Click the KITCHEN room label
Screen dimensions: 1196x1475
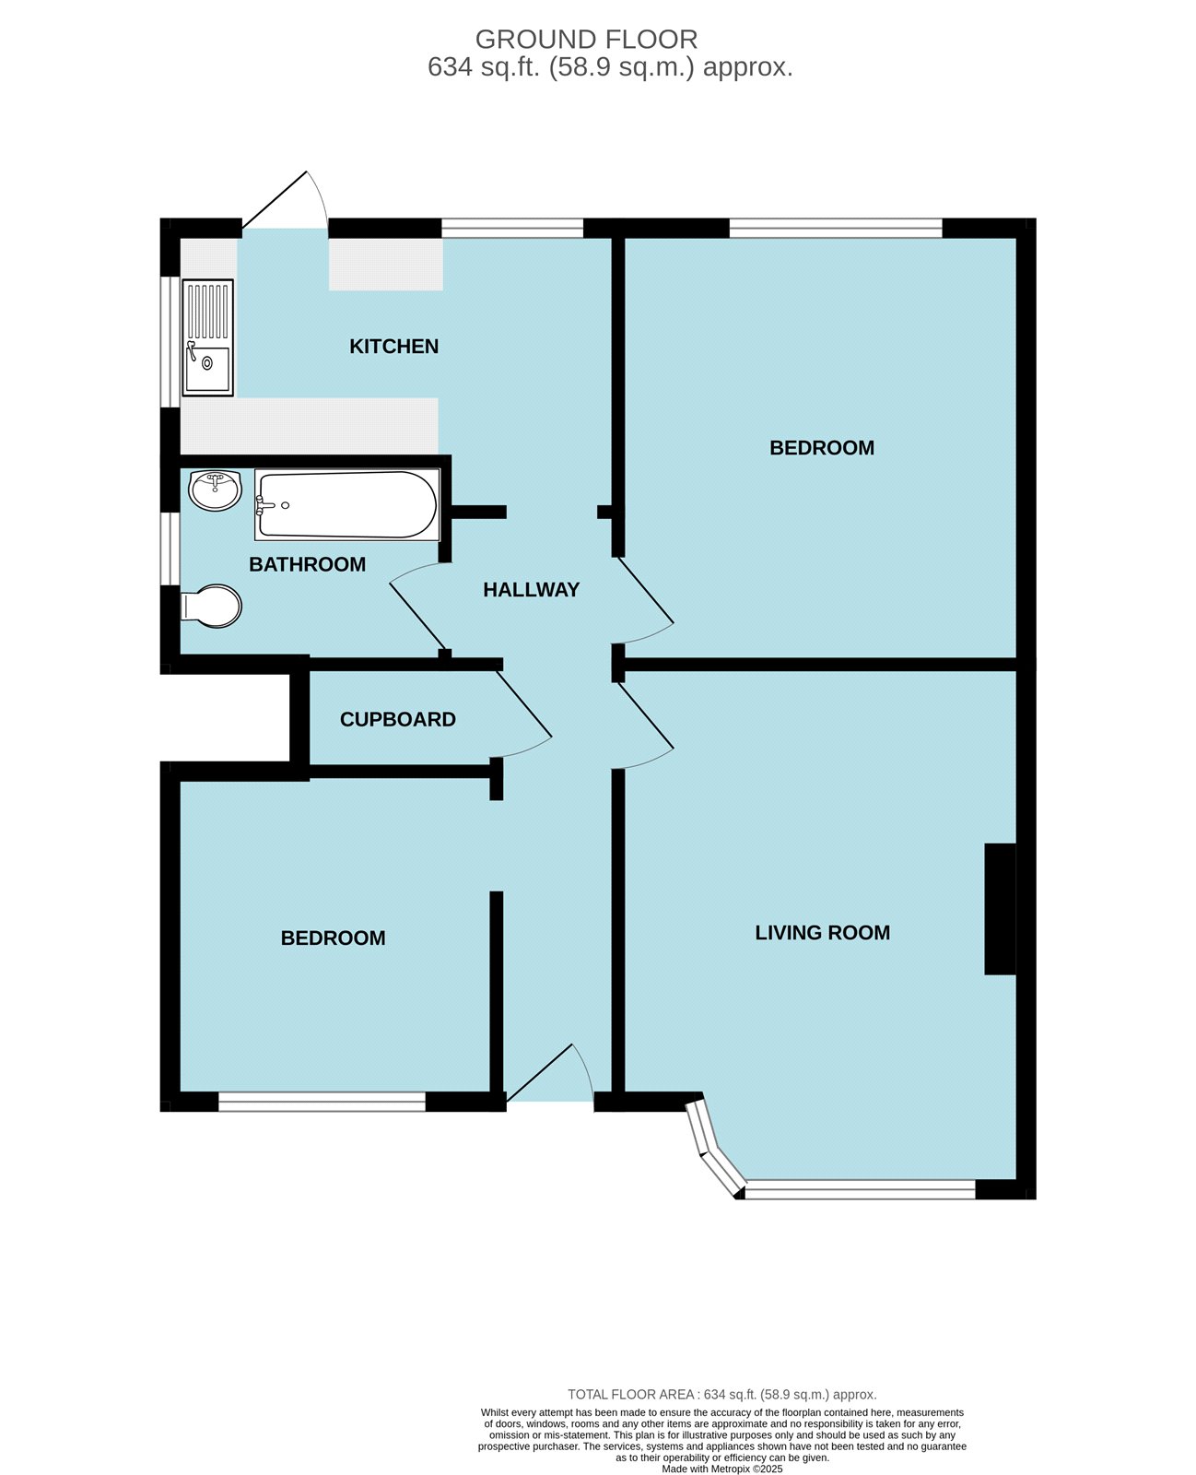[x=393, y=347]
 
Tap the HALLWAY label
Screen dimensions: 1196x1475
[x=531, y=589]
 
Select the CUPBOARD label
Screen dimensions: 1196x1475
[x=397, y=719]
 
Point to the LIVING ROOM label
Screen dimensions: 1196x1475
[x=822, y=933]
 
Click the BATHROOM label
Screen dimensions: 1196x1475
[x=308, y=564]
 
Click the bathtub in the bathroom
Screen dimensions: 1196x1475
[x=347, y=504]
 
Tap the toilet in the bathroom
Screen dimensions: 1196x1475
[x=211, y=607]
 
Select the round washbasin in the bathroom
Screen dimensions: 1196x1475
[x=215, y=490]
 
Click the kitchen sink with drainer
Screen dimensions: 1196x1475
[x=207, y=337]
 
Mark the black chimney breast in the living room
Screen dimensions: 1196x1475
[x=1000, y=909]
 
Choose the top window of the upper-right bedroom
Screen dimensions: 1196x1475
[x=836, y=228]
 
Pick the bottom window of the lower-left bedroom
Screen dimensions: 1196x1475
[x=322, y=1101]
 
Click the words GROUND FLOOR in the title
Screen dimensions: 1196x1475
[x=586, y=40]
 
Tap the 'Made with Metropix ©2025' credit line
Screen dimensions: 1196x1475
[x=721, y=1468]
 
